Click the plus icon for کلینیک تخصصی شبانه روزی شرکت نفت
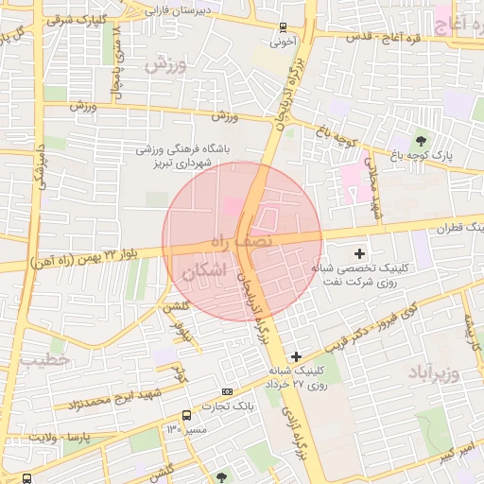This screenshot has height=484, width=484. pos(359,252)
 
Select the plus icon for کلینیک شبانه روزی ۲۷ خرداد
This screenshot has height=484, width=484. pos(297,356)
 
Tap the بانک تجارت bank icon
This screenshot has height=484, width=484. pos(227,391)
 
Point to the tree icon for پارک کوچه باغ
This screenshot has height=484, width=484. pos(421,141)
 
